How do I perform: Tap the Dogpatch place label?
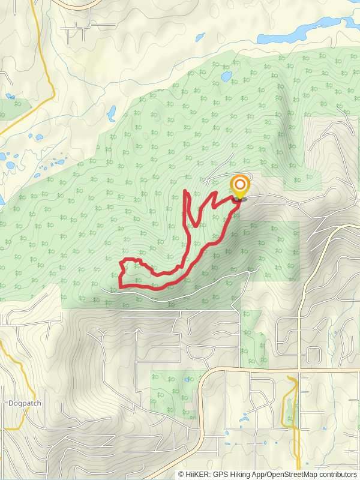click(x=25, y=403)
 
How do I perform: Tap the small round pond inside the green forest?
click(x=227, y=77)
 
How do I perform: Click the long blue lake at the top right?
click(x=300, y=30)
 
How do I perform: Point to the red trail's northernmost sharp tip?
click(x=185, y=191)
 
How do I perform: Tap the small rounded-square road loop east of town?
click(x=314, y=355)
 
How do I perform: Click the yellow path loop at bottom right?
click(x=290, y=402)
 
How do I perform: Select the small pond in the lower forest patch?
click(x=188, y=380)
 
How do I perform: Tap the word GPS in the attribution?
click(x=220, y=474)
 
